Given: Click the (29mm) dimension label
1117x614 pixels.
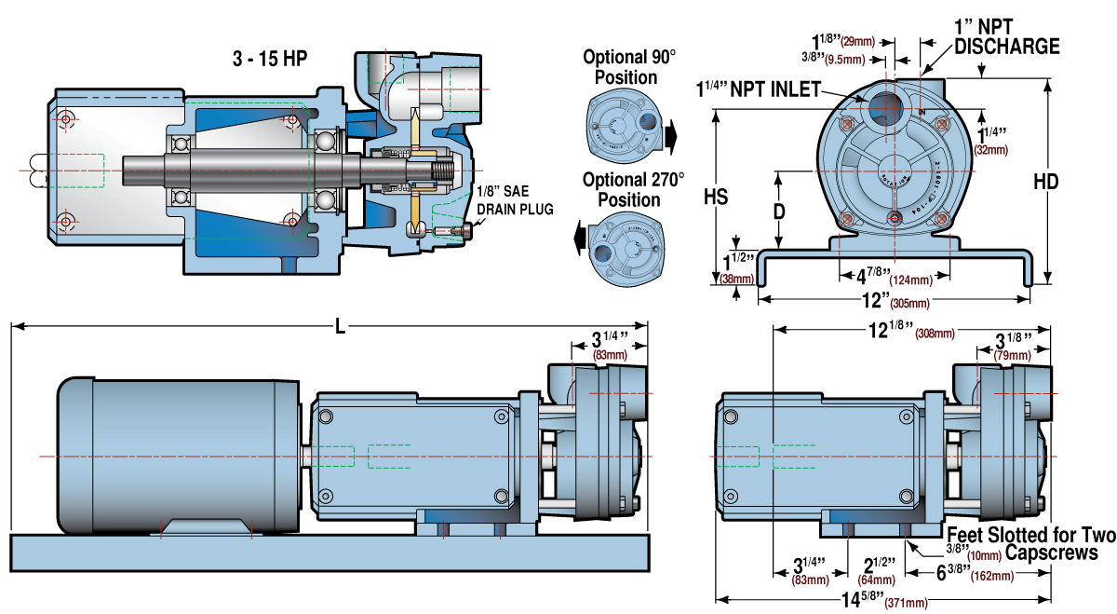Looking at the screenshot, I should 857,41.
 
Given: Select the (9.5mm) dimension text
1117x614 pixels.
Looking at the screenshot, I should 844,60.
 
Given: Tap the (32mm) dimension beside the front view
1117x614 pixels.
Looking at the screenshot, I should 990,150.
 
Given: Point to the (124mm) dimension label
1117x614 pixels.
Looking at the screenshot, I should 910,280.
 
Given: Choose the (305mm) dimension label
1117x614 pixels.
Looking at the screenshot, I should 909,303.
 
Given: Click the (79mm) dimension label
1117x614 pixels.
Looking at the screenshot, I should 1012,355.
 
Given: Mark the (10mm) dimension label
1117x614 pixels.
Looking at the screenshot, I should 984,555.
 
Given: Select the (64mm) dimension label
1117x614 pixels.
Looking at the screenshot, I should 876,580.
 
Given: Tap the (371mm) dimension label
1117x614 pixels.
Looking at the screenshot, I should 906,602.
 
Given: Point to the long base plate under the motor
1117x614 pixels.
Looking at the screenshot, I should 330,553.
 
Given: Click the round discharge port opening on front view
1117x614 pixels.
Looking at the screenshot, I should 886,109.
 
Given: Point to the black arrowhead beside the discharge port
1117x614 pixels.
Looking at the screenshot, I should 861,99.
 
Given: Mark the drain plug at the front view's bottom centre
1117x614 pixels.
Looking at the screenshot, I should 894,218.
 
